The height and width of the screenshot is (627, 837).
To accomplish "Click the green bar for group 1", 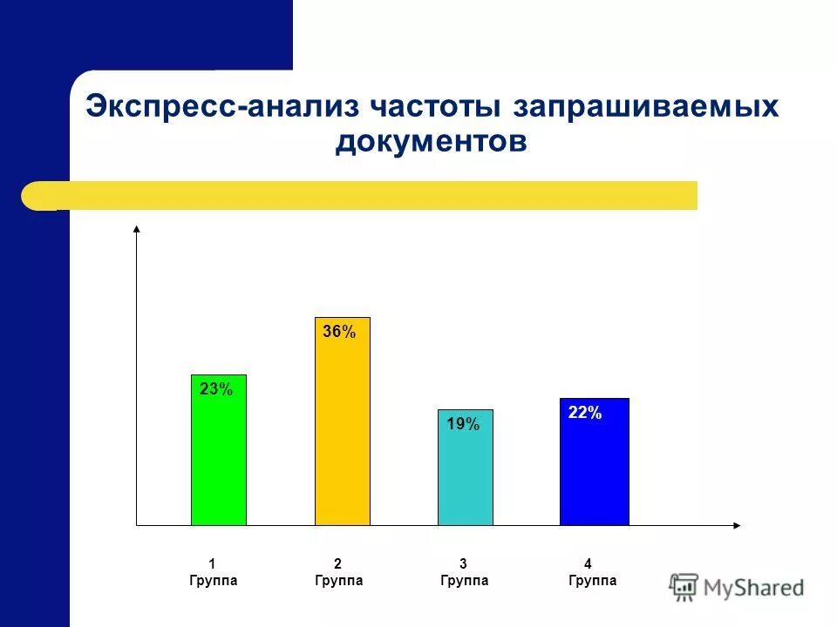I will coord(218,462).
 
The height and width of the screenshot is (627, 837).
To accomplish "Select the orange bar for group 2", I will coord(342,435).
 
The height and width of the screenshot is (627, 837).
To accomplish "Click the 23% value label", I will coord(216,390).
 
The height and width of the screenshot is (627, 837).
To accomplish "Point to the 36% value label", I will coord(339,332).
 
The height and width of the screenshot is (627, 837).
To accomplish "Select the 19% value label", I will coord(463,425).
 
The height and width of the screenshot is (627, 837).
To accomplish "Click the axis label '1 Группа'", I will coord(213,572).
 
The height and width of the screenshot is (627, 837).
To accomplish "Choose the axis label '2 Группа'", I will coord(338,572).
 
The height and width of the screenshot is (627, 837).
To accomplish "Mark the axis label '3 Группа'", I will coord(464,572).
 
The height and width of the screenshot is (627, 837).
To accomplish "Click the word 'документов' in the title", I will coord(431,141).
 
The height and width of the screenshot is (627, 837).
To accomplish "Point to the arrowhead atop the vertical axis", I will coord(137,229).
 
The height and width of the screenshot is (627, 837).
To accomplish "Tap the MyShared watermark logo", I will coord(738,588).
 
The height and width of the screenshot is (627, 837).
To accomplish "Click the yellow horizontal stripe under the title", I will coord(366,195).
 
